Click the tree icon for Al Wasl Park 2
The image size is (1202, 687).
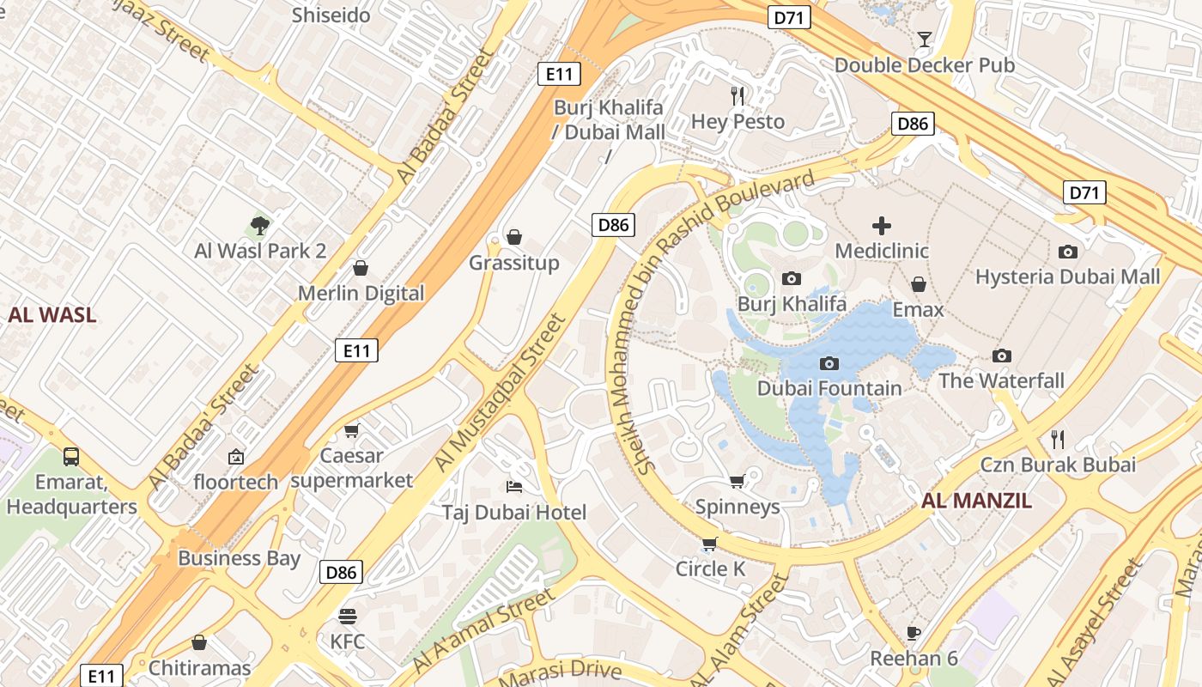coord(259,226)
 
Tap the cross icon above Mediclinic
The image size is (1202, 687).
coord(882,226)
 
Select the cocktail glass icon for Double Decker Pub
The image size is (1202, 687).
coord(924,40)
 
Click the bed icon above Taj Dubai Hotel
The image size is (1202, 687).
coord(513,488)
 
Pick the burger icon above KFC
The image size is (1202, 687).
coord(348,617)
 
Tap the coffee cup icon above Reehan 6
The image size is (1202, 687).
coord(914,634)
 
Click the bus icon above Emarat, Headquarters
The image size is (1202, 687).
coord(71,457)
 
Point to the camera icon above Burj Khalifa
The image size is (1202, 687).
coord(792,278)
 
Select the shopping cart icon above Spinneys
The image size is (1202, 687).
coord(737,482)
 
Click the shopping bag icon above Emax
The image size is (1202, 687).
coord(918,284)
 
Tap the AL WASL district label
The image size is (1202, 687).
coord(52,315)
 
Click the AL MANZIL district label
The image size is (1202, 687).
coord(976,501)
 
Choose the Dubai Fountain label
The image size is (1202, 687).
coord(829,388)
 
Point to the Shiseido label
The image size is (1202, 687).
coord(331,15)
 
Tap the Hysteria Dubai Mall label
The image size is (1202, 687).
coord(1067,277)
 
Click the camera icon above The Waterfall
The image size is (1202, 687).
coord(1001,356)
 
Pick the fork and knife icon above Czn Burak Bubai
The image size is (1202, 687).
coord(1058,440)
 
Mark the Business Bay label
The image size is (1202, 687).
coord(239,558)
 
